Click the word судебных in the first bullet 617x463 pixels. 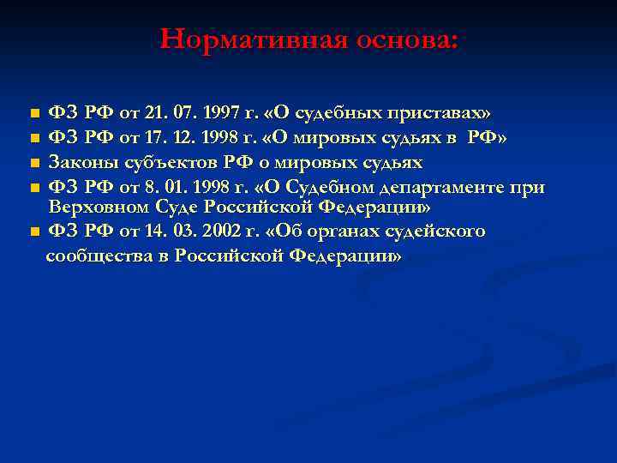[325, 113]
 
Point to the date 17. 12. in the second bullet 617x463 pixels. [166, 138]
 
